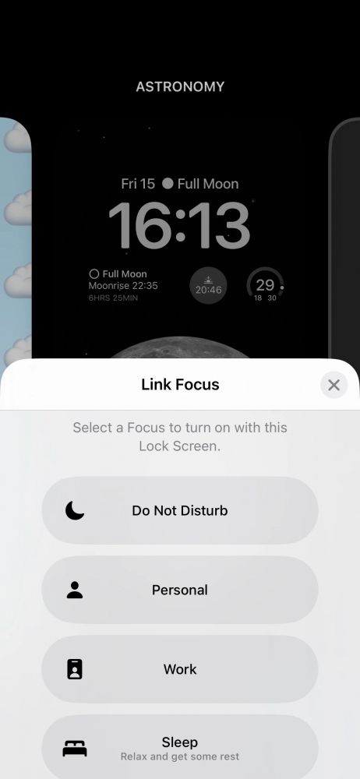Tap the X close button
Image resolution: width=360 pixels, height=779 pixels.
334,385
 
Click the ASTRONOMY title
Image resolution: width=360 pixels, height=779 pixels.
180,87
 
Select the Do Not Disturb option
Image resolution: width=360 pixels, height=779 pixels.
180,511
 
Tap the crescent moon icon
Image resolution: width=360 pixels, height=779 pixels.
75,511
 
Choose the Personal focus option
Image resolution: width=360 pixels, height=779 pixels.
180,590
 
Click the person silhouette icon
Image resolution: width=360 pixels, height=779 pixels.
75,590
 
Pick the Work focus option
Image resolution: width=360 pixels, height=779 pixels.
180,670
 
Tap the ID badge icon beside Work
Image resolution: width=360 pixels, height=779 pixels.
75,670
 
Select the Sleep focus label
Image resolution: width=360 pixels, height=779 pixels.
180,742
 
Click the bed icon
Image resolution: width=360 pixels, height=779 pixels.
75,749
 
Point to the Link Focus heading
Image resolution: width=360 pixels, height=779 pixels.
180,384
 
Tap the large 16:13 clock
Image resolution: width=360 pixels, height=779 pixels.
179,226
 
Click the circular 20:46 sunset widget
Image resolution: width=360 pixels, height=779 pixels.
208,286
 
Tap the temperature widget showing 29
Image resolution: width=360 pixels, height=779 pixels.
265,286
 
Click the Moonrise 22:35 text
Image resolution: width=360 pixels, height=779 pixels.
123,286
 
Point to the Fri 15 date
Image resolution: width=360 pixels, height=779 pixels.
138,184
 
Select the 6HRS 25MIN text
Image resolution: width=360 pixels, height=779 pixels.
113,298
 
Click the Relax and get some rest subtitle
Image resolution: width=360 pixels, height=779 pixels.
180,756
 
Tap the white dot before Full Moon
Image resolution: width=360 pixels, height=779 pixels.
168,184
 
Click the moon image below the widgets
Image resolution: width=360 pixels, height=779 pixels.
180,351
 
